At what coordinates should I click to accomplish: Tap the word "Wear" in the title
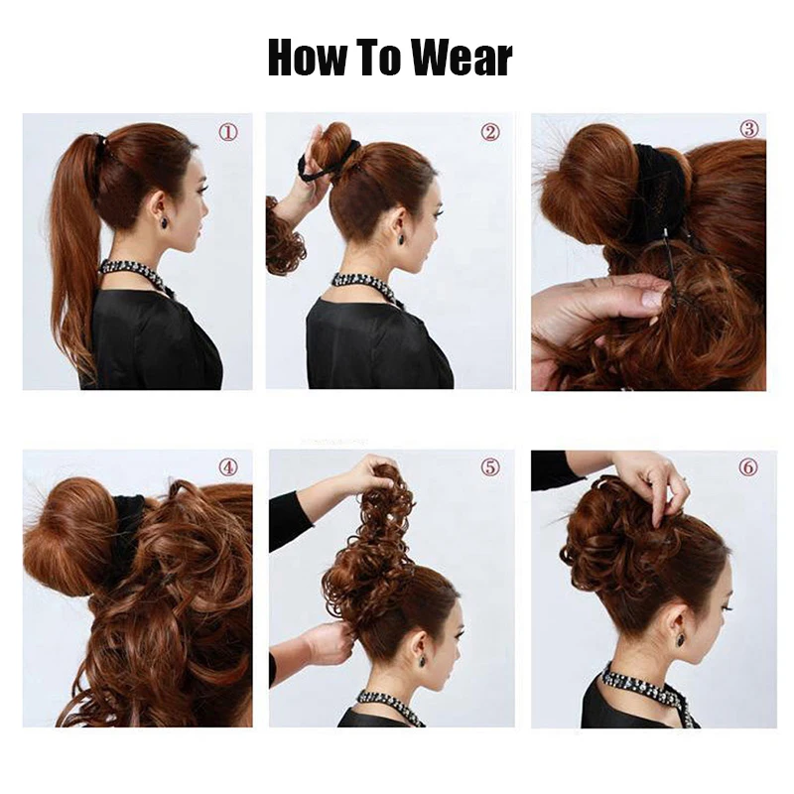(462, 59)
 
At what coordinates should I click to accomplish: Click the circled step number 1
(228, 132)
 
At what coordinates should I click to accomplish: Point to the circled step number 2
(489, 132)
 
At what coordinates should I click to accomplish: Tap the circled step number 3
(748, 129)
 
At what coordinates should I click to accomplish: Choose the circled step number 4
(228, 466)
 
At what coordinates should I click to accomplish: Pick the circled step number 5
(489, 466)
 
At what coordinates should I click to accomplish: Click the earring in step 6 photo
(681, 638)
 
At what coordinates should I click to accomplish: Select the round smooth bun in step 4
(69, 536)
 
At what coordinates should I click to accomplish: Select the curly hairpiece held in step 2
(284, 238)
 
